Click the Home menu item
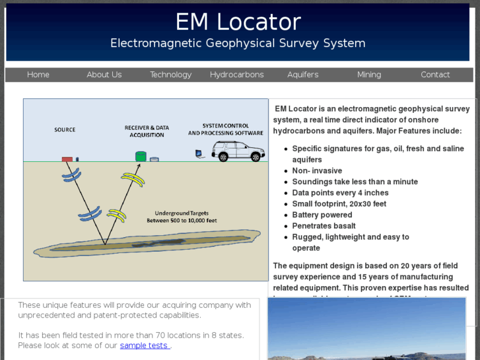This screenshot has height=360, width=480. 38,75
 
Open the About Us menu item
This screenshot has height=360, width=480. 104,75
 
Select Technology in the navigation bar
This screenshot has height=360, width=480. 170,75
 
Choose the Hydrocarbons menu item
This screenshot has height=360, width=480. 236,75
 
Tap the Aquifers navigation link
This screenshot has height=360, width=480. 302,75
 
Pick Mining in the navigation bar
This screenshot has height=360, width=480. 369,75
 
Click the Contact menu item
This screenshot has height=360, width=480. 435,75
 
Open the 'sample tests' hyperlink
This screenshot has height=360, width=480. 145,345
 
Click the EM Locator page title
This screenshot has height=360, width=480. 238,22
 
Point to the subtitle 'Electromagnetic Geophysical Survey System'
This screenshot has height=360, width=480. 238,44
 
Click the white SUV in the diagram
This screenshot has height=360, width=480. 238,151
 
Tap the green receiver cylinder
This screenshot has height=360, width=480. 140,157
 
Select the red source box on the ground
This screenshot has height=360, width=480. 67,159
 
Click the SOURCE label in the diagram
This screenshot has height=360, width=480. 65,130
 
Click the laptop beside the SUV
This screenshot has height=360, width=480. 198,155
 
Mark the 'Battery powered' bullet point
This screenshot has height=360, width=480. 322,215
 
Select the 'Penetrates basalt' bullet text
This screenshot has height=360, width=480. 324,226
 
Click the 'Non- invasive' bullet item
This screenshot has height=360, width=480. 317,170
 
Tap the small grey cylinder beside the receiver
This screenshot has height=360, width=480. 154,159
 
